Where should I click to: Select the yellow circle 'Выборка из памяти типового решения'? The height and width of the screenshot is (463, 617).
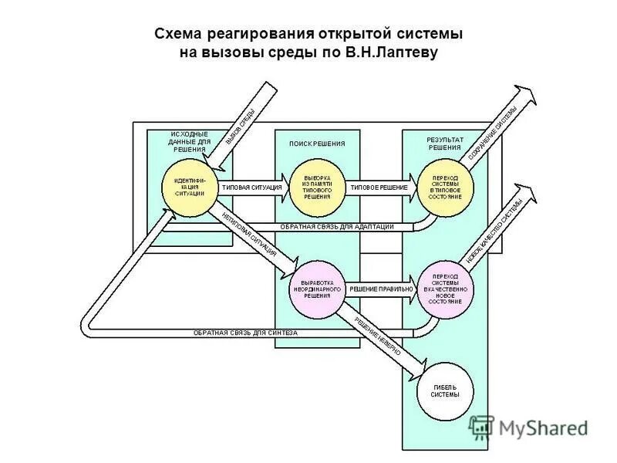(x=317, y=188)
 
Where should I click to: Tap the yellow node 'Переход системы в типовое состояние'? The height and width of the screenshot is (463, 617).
(x=446, y=188)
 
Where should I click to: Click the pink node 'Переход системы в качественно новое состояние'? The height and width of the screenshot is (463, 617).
(x=446, y=289)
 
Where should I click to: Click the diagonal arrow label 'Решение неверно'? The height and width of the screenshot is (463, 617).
(x=379, y=336)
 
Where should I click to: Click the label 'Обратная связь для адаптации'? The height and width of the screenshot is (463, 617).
(x=336, y=226)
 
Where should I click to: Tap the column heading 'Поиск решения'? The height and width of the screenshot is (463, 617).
(x=317, y=144)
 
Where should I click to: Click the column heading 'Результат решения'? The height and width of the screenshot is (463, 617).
(x=445, y=144)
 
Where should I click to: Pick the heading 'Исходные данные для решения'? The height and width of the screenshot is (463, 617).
(x=189, y=142)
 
